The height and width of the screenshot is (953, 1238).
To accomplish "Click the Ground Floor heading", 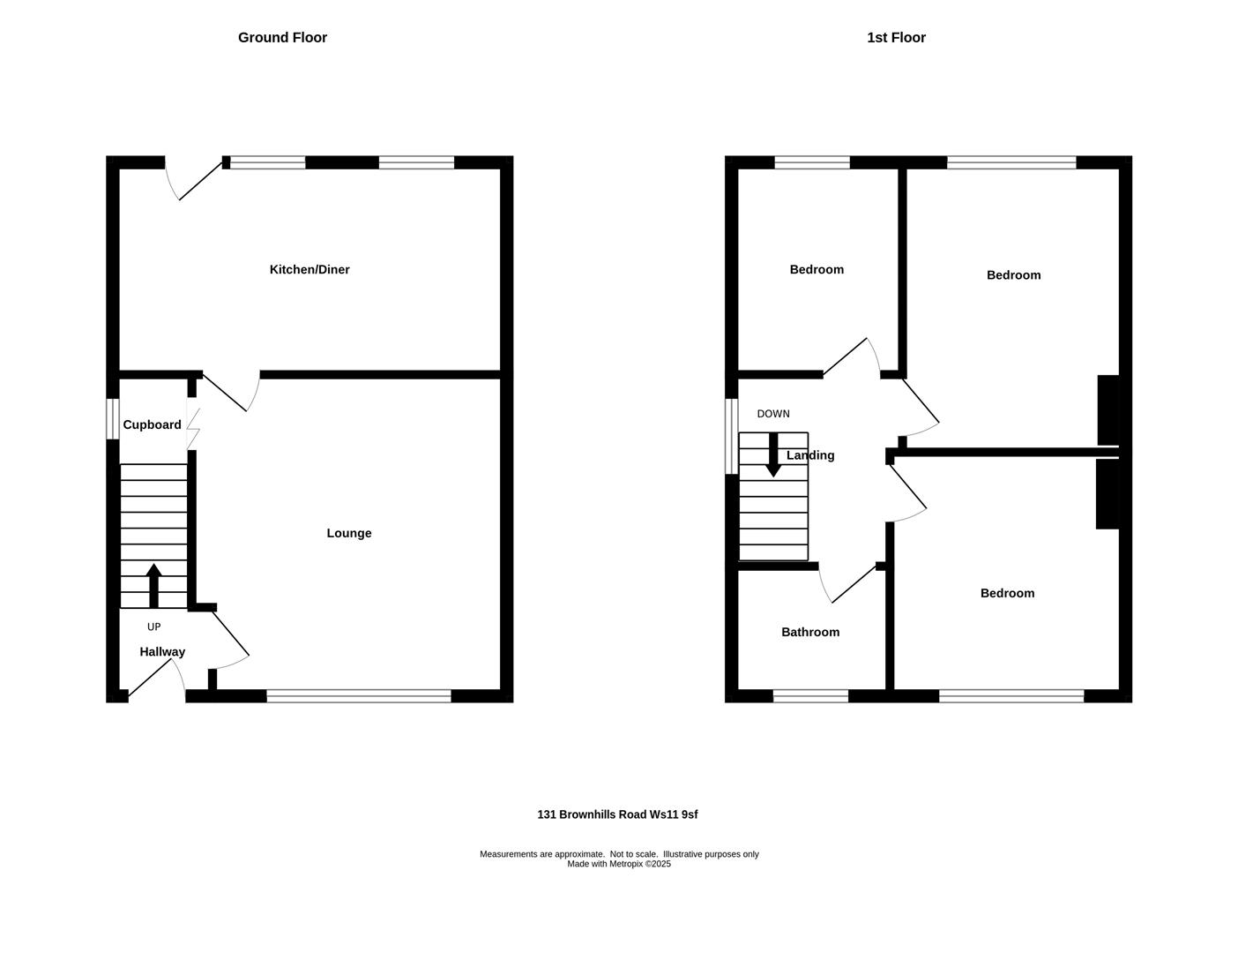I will coord(282,37).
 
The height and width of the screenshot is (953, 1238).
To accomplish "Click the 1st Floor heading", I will coord(896,37).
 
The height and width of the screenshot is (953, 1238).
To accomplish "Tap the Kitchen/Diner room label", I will coord(309,269).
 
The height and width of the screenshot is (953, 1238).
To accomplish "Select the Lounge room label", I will coord(349,533).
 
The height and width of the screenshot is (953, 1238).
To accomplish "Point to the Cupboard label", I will coord(152,424).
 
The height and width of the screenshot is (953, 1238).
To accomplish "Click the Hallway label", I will coord(162,652).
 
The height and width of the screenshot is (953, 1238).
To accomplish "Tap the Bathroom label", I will coord(810,632).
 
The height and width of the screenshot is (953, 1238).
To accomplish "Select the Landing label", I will coord(810,455).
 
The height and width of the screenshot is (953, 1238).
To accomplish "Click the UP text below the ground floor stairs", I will coord(153,627).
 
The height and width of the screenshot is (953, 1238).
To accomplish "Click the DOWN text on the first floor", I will coord(773,414).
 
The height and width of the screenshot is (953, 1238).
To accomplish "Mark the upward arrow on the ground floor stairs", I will coord(153,585).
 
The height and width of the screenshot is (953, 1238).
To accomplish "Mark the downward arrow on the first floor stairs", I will coord(773,455).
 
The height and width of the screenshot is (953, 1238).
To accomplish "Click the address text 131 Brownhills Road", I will coord(617,814).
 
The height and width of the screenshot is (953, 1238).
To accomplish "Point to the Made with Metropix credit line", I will coord(619,864).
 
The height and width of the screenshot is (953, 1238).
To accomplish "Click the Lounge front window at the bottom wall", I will coord(358,696).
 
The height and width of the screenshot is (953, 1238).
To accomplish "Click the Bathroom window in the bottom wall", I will coord(810,696).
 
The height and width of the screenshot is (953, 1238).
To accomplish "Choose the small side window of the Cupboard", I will coord(113,418).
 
